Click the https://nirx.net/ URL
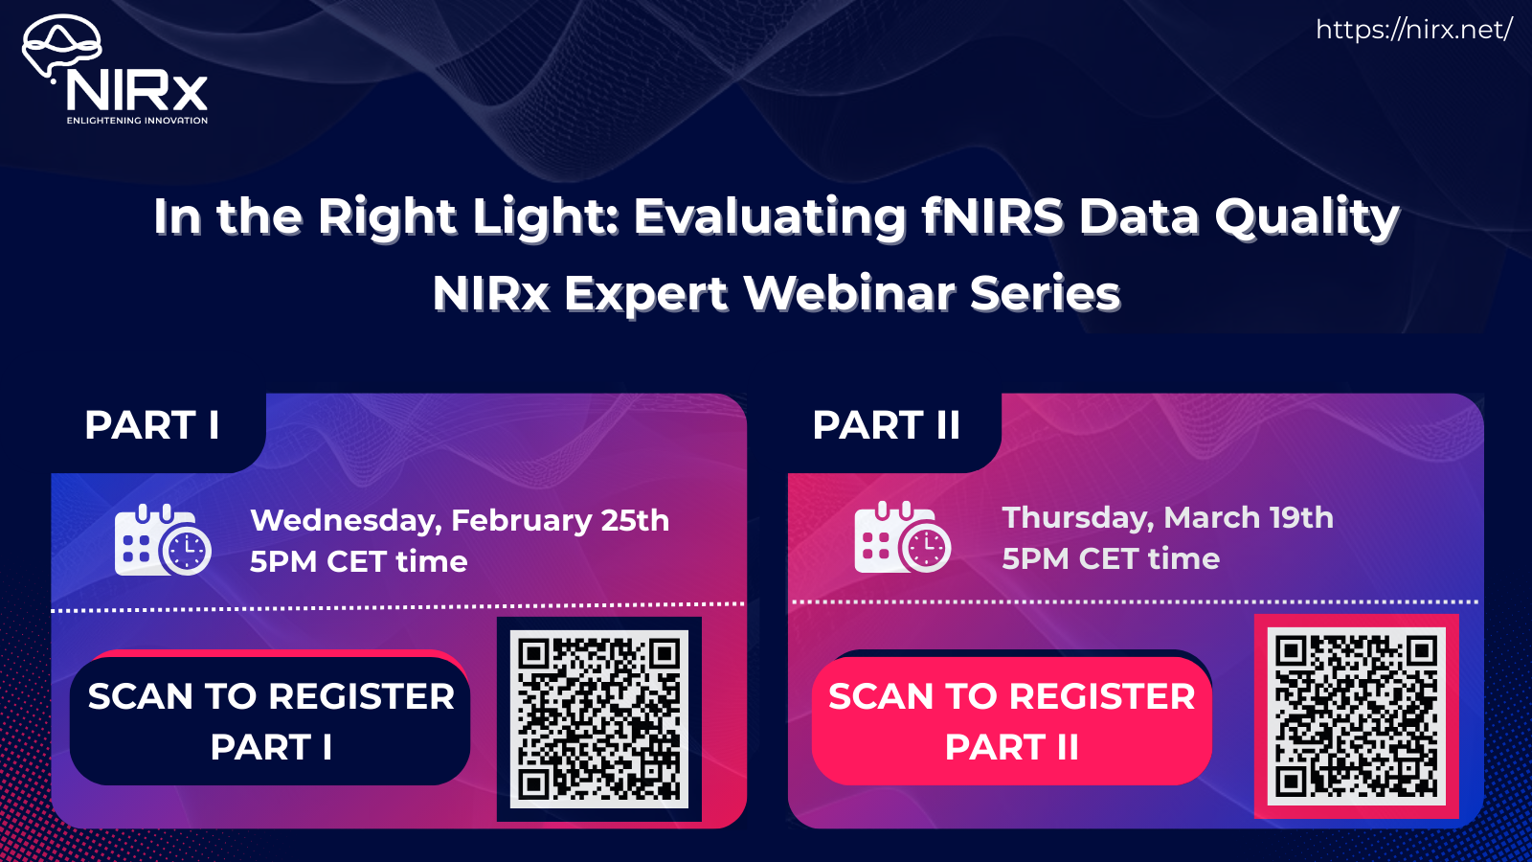click(1413, 30)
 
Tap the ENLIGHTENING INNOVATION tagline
click(137, 121)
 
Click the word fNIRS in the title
click(992, 216)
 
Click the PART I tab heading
click(152, 425)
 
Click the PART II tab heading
click(886, 425)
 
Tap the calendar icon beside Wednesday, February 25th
click(162, 540)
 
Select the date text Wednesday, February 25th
click(460, 520)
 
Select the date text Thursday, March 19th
click(1167, 517)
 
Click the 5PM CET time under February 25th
click(358, 561)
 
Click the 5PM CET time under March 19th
click(1111, 558)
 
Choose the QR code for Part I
click(599, 718)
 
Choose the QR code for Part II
click(1356, 715)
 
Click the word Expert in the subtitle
click(646, 293)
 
